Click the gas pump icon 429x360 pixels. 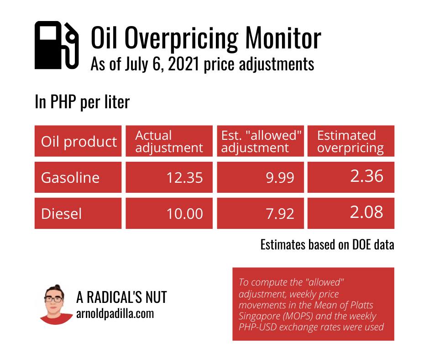(x=57, y=45)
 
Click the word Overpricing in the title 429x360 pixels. (x=181, y=38)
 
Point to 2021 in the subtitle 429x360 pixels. (x=183, y=64)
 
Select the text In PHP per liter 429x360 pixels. (x=82, y=102)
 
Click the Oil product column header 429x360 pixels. (x=78, y=141)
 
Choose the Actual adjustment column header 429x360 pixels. (x=169, y=141)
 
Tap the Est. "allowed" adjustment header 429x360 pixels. (x=260, y=141)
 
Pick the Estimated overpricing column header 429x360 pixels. (x=351, y=141)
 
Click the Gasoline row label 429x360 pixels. (x=70, y=178)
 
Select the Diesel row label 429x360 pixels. (x=61, y=214)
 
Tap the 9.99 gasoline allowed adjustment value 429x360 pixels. (x=280, y=178)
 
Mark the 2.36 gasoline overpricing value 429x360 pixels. (x=366, y=176)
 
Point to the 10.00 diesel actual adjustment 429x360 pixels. (x=185, y=214)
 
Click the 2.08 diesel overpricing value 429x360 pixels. (x=366, y=212)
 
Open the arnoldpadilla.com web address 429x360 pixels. (x=115, y=314)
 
